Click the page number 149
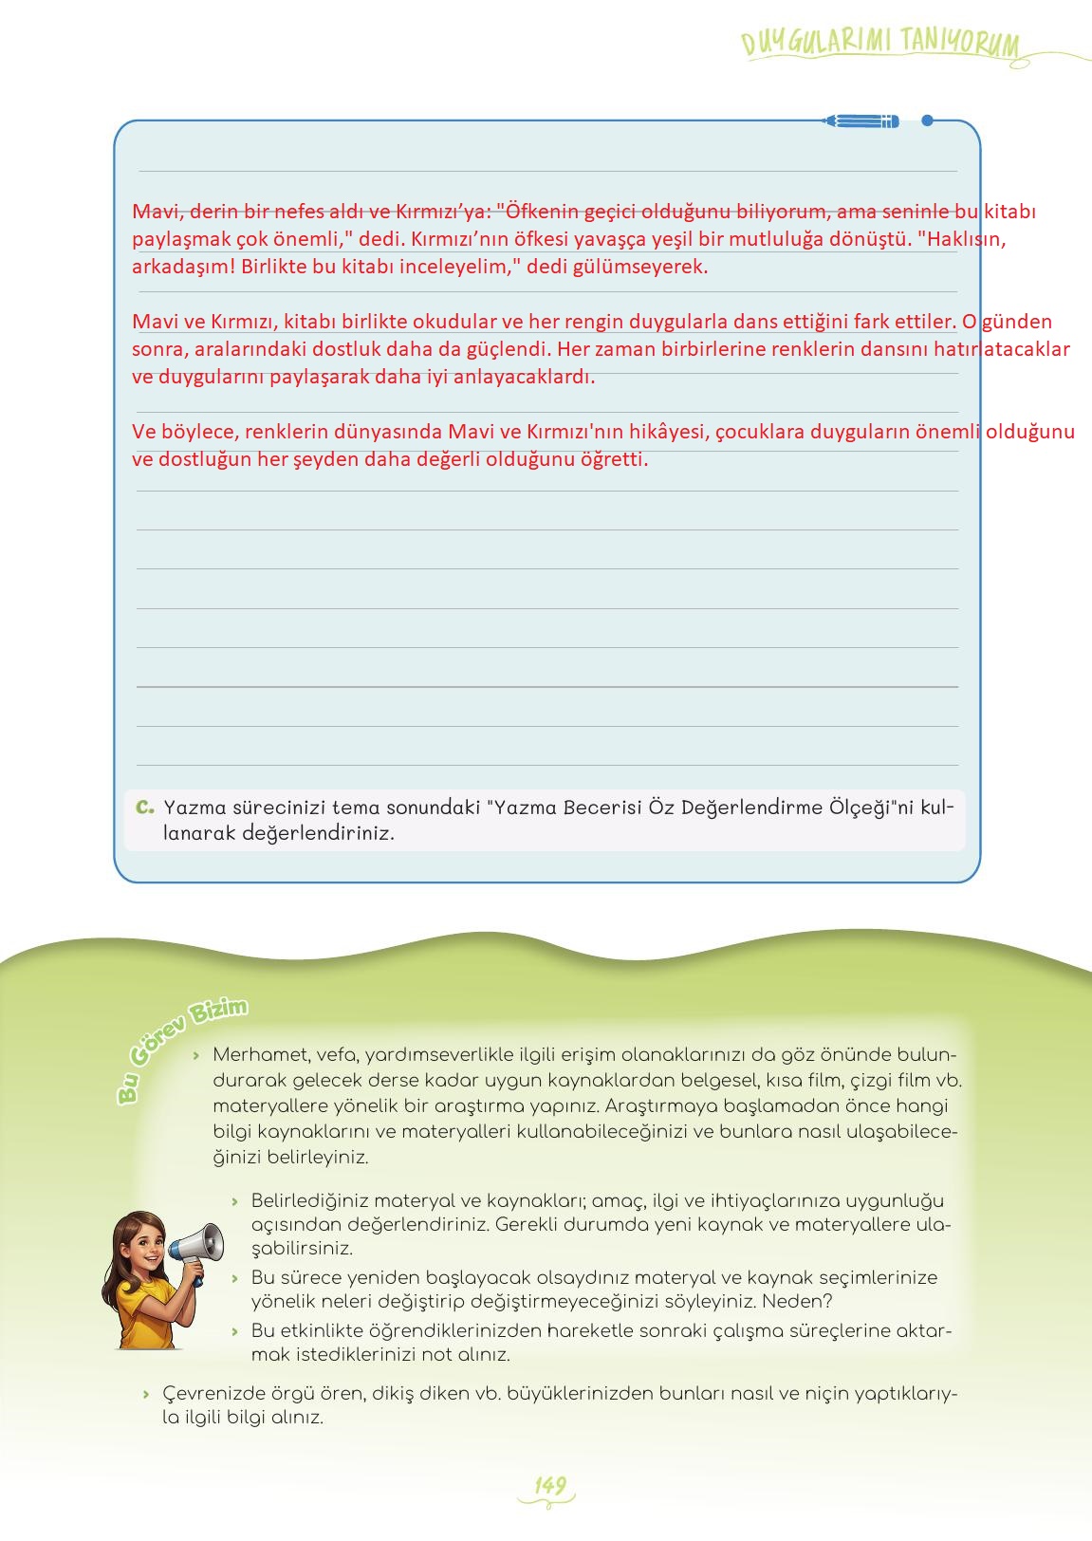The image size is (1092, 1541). [549, 1485]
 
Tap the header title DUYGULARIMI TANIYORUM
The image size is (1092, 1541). [880, 43]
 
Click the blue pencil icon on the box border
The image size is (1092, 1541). [861, 121]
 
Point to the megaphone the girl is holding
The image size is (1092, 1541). [198, 1246]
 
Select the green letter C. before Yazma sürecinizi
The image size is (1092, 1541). [144, 808]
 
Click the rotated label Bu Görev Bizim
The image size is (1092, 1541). [180, 1049]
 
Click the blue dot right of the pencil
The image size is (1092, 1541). [927, 121]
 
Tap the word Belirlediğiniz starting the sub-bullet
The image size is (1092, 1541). [313, 1201]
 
